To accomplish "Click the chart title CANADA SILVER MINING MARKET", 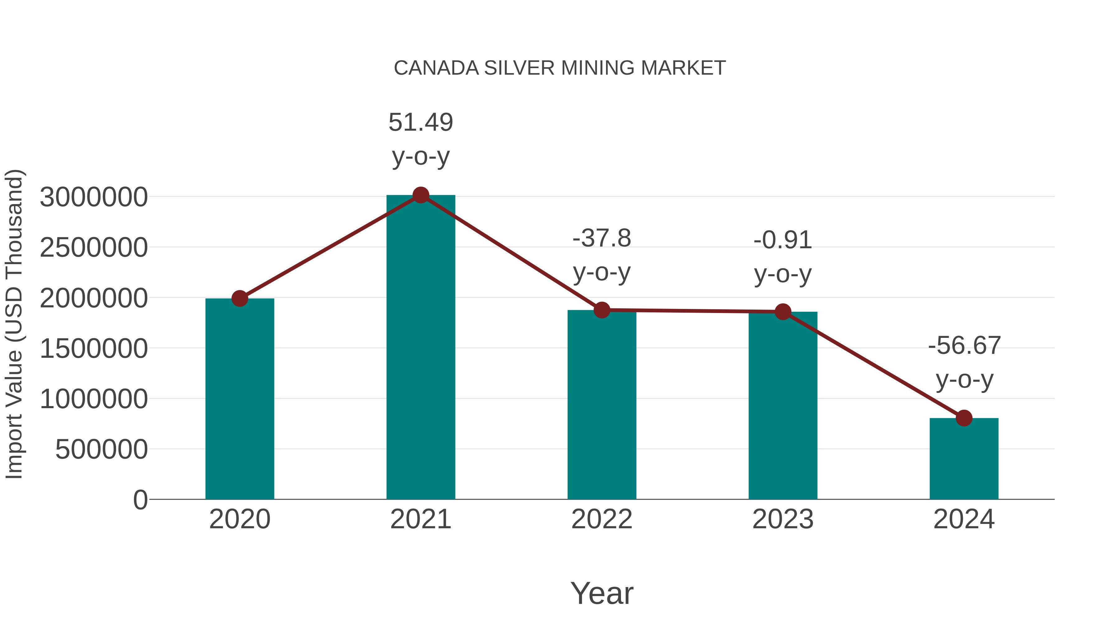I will pos(560,68).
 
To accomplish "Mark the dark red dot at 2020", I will pos(240,299).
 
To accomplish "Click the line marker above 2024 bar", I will pos(964,418).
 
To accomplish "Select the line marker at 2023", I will pos(783,312).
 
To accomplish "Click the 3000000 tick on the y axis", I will pos(93,197).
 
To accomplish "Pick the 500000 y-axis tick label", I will pos(101,449).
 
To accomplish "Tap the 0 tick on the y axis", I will pos(140,500).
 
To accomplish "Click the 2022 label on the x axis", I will pos(602,519).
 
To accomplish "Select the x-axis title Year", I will pos(602,593).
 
